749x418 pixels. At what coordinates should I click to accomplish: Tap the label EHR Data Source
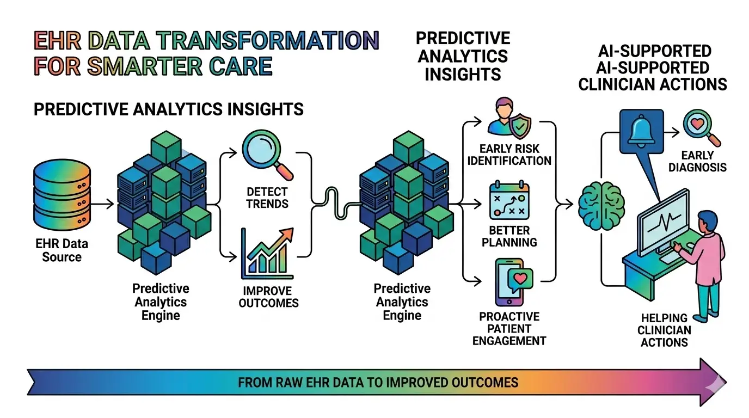(61, 250)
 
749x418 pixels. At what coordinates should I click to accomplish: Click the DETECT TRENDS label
(267, 198)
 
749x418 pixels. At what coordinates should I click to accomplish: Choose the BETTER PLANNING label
(509, 236)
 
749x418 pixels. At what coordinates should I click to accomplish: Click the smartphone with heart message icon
(509, 282)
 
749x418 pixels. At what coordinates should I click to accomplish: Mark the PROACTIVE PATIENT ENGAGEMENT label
(509, 329)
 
